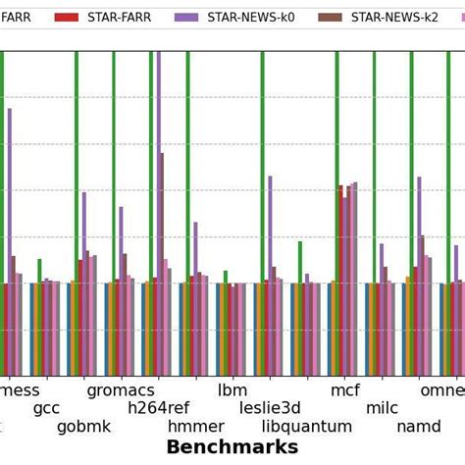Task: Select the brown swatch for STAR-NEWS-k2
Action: pos(331,17)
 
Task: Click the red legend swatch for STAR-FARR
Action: pos(66,17)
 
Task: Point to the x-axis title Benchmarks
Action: pos(232,447)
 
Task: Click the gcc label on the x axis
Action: pos(46,408)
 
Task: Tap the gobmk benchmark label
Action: pos(83,427)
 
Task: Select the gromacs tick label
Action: pos(121,390)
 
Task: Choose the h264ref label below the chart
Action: pos(158,408)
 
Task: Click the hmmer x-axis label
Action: pos(195,427)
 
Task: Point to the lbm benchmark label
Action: pos(232,390)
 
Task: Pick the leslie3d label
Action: pos(270,408)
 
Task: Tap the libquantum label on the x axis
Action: pos(307,427)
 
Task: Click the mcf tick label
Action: pos(344,390)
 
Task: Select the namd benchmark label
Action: pos(419,427)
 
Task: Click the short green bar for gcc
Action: pos(39,271)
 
